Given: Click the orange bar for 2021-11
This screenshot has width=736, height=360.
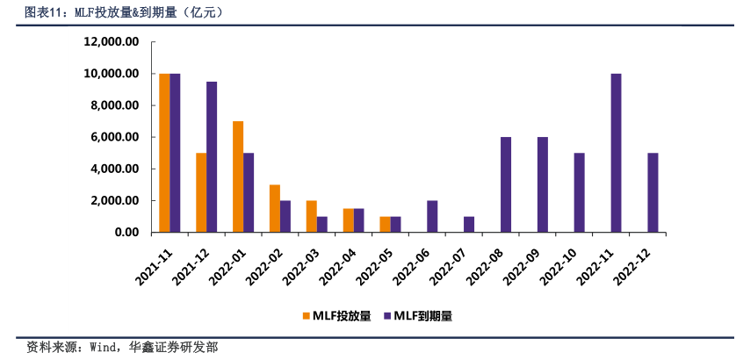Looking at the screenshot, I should click(164, 153).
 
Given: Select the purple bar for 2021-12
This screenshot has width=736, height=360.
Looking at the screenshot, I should click(212, 157).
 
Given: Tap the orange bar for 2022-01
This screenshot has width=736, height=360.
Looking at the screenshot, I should click(238, 176).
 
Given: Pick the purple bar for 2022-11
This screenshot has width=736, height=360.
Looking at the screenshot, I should click(617, 153).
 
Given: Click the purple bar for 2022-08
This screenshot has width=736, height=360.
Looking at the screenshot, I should click(506, 184).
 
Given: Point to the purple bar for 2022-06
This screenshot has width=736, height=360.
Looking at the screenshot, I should click(432, 216).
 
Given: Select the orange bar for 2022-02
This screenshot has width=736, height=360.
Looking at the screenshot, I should click(275, 208).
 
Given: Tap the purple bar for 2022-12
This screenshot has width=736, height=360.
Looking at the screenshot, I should click(653, 192).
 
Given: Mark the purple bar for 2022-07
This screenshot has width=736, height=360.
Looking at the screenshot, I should click(469, 224).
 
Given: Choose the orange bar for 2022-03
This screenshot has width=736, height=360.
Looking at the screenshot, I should click(312, 216).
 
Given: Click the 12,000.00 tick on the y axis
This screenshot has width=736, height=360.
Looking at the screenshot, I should click(112, 42).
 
